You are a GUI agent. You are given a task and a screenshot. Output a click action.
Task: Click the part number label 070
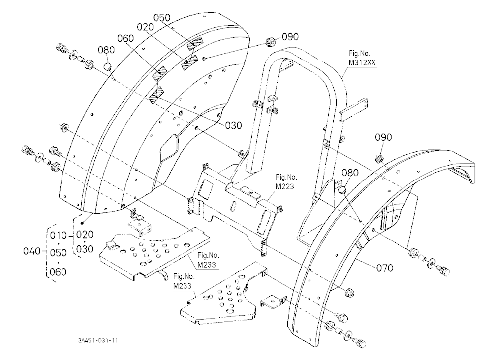click(385, 268)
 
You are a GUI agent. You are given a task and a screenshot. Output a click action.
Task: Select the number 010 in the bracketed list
click(58, 236)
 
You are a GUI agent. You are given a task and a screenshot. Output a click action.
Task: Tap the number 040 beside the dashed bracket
click(32, 251)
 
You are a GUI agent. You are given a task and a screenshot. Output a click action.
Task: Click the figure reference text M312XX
click(362, 62)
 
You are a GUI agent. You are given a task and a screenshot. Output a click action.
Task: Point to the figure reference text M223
click(285, 186)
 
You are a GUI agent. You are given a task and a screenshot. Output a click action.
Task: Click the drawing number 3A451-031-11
click(98, 340)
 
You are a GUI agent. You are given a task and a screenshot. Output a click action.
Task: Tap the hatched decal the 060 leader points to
click(160, 74)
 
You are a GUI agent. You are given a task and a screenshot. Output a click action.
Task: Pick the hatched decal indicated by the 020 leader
click(189, 61)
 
